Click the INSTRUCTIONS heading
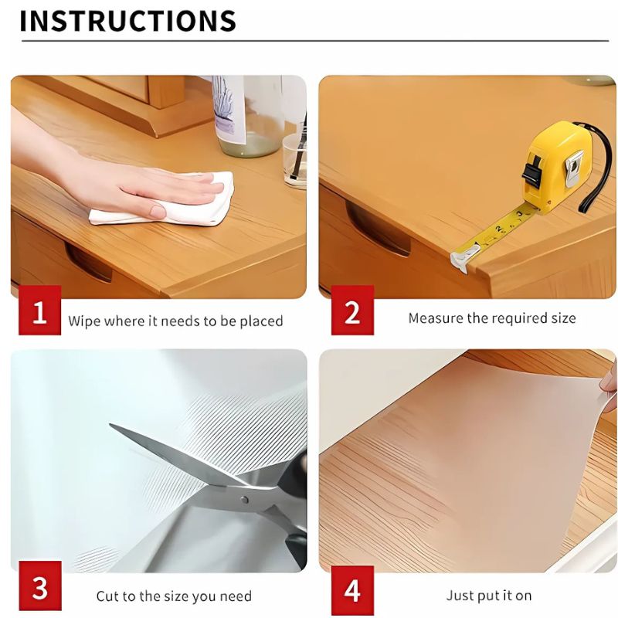[127, 21]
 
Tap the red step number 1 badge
[39, 312]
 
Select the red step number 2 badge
[352, 312]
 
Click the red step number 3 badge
[39, 590]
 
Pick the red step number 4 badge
[352, 591]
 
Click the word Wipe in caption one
[83, 321]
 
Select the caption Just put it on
[489, 596]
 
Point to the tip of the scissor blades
[114, 426]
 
